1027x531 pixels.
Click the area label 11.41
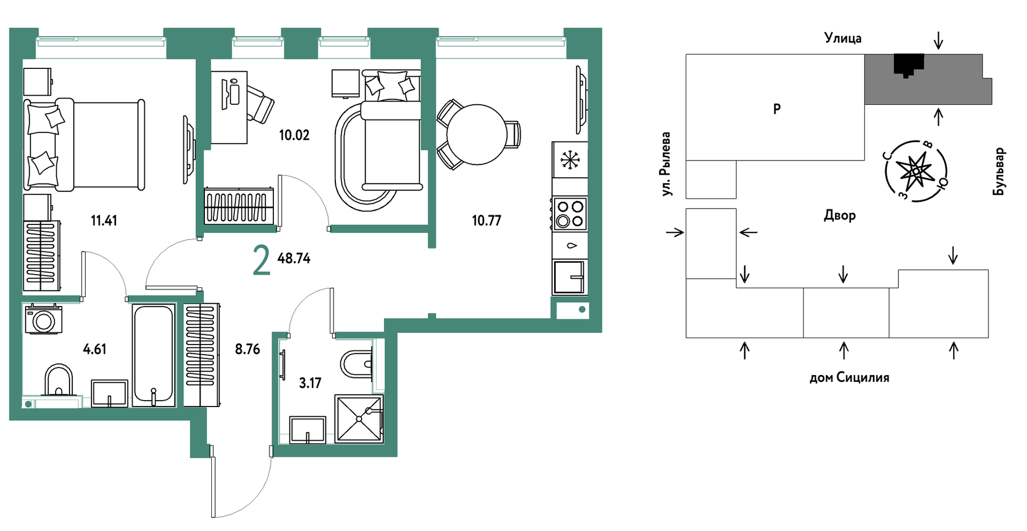(x=104, y=220)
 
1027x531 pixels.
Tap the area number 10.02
(x=294, y=135)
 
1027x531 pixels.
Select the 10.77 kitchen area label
(x=487, y=220)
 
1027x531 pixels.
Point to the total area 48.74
(x=294, y=258)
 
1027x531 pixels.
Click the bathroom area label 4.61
(x=95, y=349)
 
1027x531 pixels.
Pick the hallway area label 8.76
(x=247, y=349)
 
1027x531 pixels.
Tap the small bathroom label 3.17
(x=310, y=383)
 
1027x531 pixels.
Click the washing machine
(x=44, y=319)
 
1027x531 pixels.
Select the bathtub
(x=154, y=355)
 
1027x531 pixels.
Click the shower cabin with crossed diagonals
(x=359, y=419)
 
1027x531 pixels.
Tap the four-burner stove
(x=570, y=214)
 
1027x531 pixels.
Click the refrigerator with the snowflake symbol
(x=570, y=159)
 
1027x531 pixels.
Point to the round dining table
(x=477, y=134)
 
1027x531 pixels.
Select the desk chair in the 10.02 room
(x=260, y=104)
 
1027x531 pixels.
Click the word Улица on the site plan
(x=843, y=38)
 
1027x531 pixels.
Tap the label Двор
(x=840, y=216)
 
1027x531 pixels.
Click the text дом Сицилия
(x=850, y=377)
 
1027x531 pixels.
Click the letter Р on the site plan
(x=777, y=109)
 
